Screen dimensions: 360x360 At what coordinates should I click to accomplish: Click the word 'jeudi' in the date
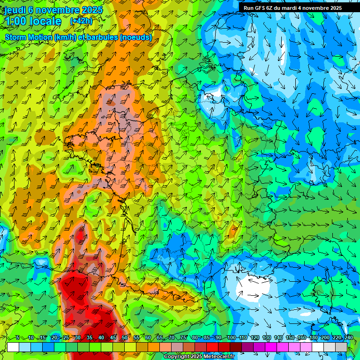[15, 10]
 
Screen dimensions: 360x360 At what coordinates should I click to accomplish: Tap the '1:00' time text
[16, 21]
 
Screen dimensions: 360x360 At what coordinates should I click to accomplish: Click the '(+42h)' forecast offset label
[81, 21]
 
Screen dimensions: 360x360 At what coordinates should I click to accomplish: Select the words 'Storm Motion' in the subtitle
[29, 37]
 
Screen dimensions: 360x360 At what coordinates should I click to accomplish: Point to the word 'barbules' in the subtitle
[103, 37]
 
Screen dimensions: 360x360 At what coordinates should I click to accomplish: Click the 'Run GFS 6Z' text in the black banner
[259, 8]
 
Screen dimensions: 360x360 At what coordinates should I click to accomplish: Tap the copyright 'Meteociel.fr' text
[217, 357]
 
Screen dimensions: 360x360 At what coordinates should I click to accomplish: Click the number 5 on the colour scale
[17, 338]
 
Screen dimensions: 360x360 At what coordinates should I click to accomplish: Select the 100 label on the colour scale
[231, 338]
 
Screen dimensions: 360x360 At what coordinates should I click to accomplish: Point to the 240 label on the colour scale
[348, 338]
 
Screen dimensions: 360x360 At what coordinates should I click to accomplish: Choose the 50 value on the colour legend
[124, 338]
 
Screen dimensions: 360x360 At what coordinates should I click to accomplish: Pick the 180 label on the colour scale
[313, 338]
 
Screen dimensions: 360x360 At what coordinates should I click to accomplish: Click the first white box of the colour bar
[13, 347]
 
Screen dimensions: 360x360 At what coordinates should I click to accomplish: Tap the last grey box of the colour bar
[341, 347]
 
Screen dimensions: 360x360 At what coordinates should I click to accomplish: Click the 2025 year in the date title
[92, 10]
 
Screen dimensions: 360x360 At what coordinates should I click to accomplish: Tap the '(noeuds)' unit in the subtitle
[136, 37]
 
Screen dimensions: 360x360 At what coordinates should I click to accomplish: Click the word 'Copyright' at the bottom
[177, 357]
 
